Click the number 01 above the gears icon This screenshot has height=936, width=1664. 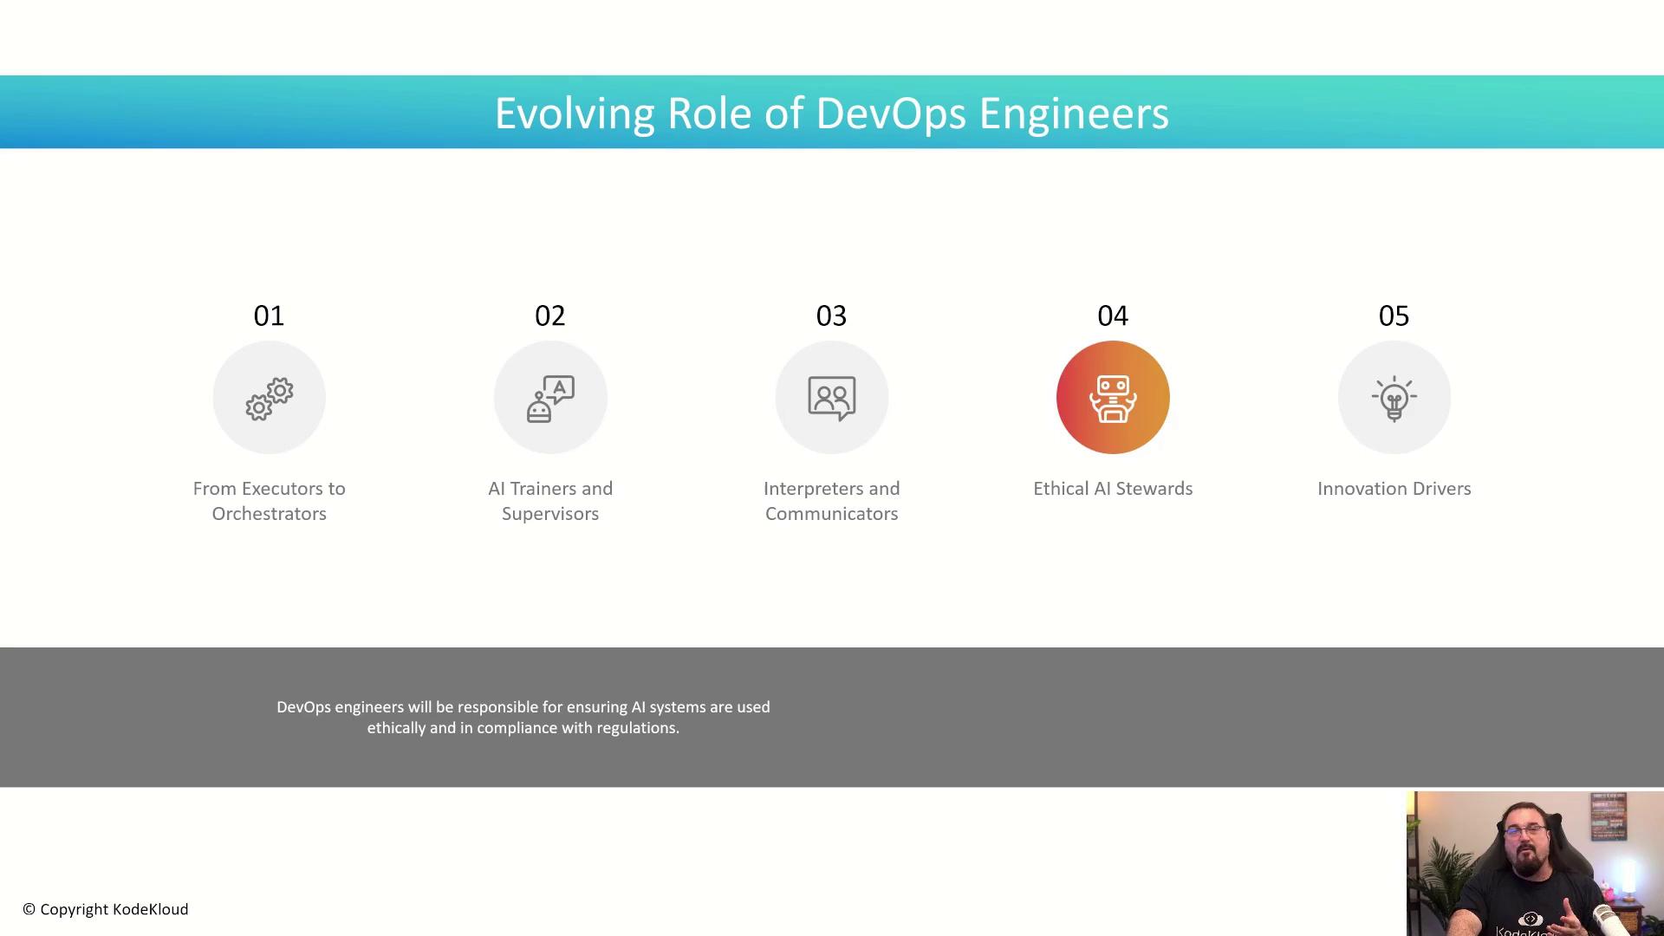click(x=269, y=315)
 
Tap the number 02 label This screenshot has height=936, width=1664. click(x=550, y=315)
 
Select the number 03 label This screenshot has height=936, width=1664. click(x=831, y=315)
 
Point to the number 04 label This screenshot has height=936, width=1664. click(x=1113, y=315)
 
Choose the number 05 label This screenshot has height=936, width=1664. click(x=1394, y=315)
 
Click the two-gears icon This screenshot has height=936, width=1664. click(x=270, y=399)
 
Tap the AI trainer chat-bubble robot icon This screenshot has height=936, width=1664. click(x=550, y=399)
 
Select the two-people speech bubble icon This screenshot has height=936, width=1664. click(x=832, y=399)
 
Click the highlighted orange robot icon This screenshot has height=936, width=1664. click(x=1113, y=398)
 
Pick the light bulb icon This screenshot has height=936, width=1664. click(x=1394, y=399)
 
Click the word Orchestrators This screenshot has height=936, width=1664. click(x=270, y=514)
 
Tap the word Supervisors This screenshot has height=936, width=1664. click(x=550, y=514)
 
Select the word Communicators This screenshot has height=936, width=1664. click(x=832, y=514)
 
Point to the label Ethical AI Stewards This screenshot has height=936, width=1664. click(x=1113, y=489)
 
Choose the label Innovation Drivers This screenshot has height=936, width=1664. click(x=1394, y=489)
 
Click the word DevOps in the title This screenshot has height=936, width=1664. click(x=891, y=114)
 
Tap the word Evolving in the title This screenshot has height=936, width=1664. click(x=575, y=114)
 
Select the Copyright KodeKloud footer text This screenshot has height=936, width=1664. click(x=106, y=909)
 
